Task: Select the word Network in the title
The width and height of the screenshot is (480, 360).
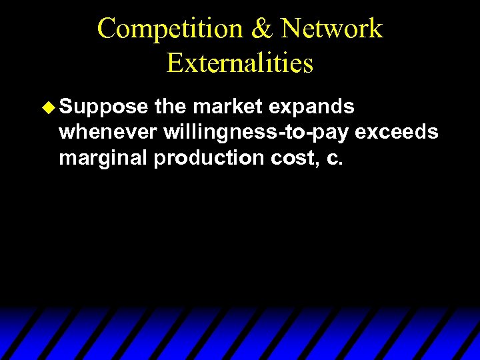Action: (x=332, y=29)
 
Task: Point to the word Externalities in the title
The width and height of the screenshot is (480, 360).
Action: (x=240, y=63)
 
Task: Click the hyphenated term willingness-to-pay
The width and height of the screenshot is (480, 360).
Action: (x=255, y=133)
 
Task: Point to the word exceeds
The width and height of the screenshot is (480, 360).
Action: (x=397, y=133)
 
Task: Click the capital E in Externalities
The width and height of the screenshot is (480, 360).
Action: (x=175, y=63)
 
